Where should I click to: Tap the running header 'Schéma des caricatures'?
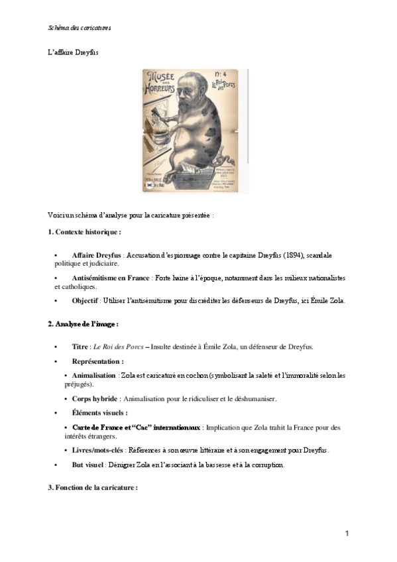tap(80, 28)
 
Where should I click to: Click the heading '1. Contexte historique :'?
tap(84, 232)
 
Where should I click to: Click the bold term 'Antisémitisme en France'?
tap(111, 278)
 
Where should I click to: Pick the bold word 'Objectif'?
tap(85, 300)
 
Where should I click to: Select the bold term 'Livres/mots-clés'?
tap(103, 450)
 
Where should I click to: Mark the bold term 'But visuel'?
tap(89, 465)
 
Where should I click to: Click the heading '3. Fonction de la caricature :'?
tap(92, 488)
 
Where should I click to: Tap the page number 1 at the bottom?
tap(347, 533)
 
